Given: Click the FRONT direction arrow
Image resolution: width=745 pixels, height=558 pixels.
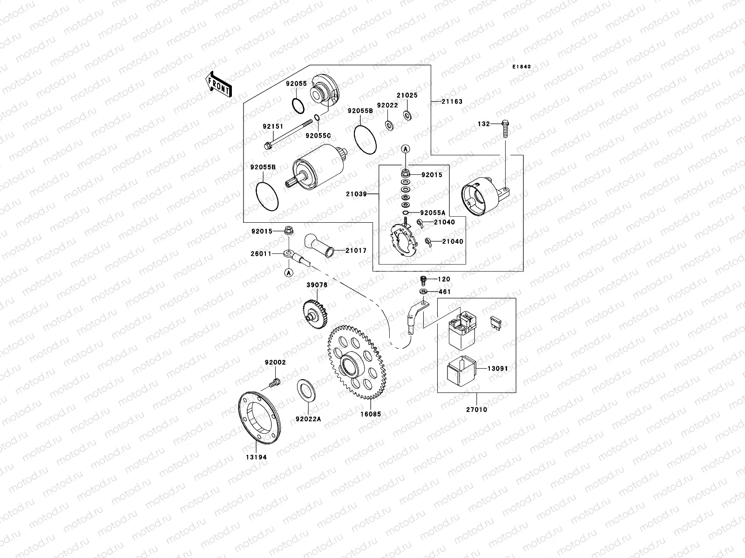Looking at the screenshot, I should pos(218,84).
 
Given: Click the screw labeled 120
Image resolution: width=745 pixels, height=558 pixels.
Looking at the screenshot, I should pos(423,279).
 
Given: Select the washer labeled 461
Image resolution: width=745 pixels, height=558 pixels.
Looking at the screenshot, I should pos(423,292).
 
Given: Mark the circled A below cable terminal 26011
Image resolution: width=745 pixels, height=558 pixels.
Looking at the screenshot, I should pos(288,273).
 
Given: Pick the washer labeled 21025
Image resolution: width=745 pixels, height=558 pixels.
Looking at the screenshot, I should pos(407,114).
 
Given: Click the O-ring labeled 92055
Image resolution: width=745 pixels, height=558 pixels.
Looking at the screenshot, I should pos(298,106).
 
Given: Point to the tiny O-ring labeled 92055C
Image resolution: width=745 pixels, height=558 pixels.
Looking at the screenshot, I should pos(317,118).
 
